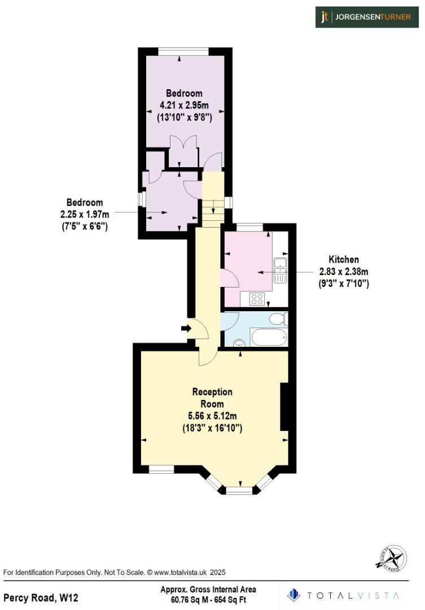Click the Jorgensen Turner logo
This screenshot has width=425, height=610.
click(367, 17)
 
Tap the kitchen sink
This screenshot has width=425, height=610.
click(280, 271)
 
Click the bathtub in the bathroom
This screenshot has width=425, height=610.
click(269, 338)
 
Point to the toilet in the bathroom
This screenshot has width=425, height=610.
click(277, 320)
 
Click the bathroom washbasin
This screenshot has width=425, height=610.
click(238, 342)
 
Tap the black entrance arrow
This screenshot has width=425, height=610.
click(185, 328)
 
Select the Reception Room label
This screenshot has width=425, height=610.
click(212, 398)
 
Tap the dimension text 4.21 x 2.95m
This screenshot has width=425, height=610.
click(184, 105)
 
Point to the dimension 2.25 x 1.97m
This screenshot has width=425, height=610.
click(85, 214)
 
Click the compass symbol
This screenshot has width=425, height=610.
click(391, 559)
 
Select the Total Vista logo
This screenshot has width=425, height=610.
click(344, 595)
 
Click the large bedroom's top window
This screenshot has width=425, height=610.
click(184, 52)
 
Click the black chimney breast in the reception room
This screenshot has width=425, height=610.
click(285, 407)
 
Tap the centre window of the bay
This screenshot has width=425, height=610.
click(240, 491)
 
